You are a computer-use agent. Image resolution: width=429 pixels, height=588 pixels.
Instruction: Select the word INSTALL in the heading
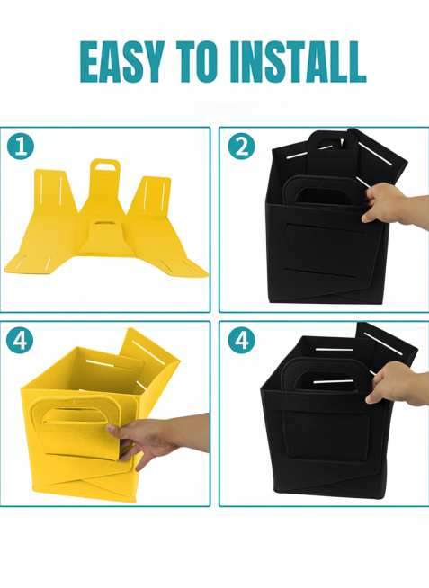pos(298,62)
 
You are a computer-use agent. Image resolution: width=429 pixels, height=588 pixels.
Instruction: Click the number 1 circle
pos(21,147)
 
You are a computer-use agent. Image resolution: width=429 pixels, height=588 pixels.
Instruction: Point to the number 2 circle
pos(242,147)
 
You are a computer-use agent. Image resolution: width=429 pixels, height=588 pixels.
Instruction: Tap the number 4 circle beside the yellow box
pos(20,341)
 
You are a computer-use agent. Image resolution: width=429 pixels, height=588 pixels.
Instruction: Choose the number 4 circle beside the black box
pos(242,341)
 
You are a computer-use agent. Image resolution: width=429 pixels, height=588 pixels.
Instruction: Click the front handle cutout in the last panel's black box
pos(328,379)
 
